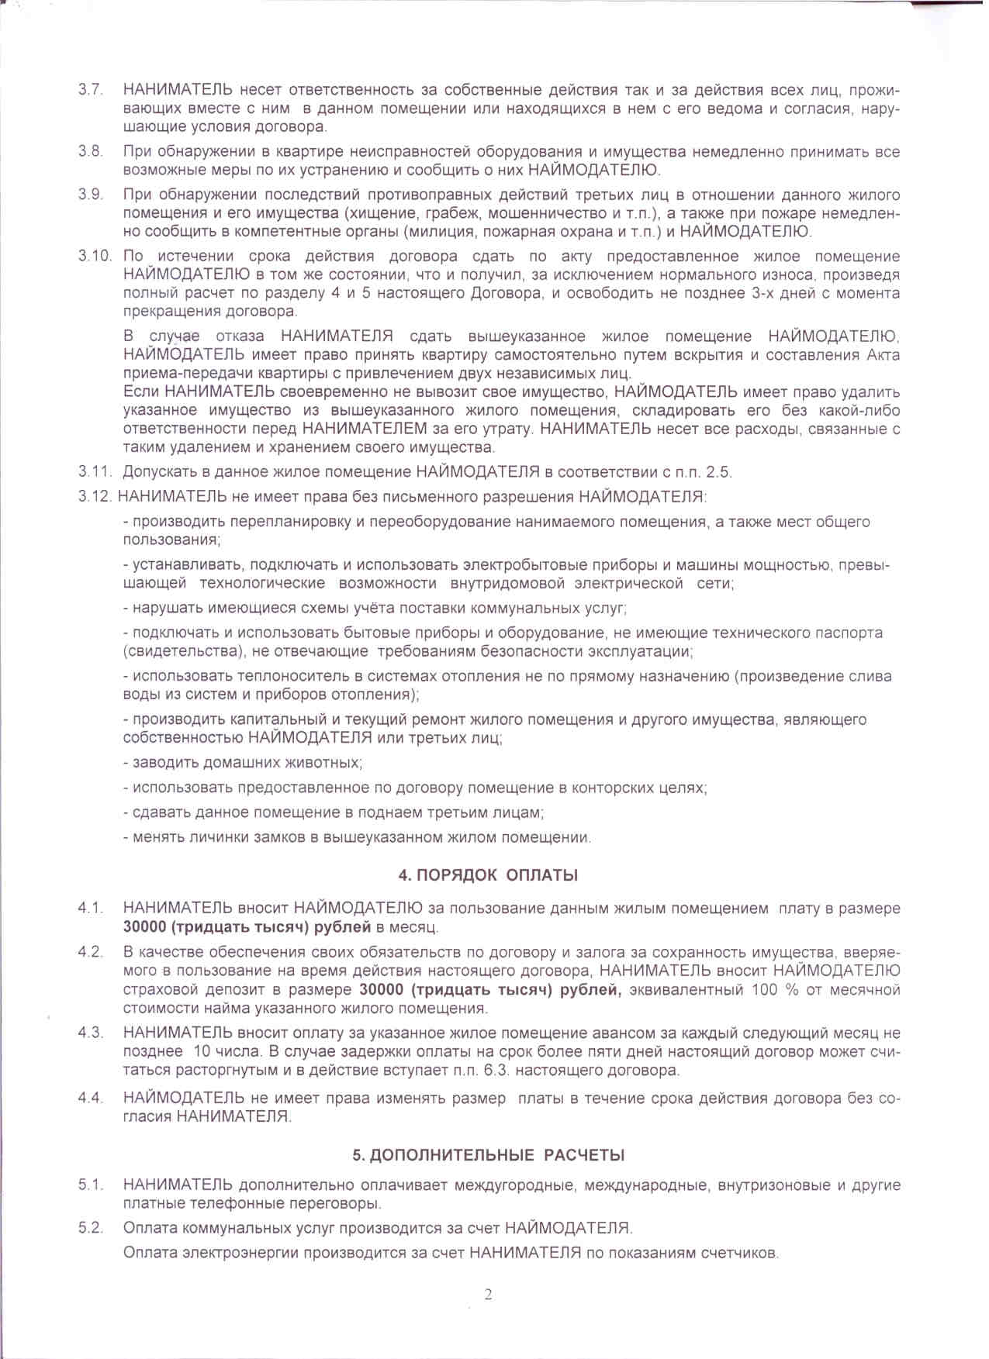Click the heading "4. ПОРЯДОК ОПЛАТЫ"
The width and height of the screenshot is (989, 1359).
488,875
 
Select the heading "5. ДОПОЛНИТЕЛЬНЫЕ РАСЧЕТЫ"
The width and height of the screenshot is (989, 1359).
489,1155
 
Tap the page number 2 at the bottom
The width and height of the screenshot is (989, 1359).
488,1295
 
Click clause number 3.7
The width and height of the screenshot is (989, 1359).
90,89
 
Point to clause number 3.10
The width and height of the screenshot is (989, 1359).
95,257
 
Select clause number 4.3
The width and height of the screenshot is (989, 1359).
90,1033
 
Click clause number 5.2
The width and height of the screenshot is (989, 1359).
90,1228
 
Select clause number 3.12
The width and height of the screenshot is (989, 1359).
95,497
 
